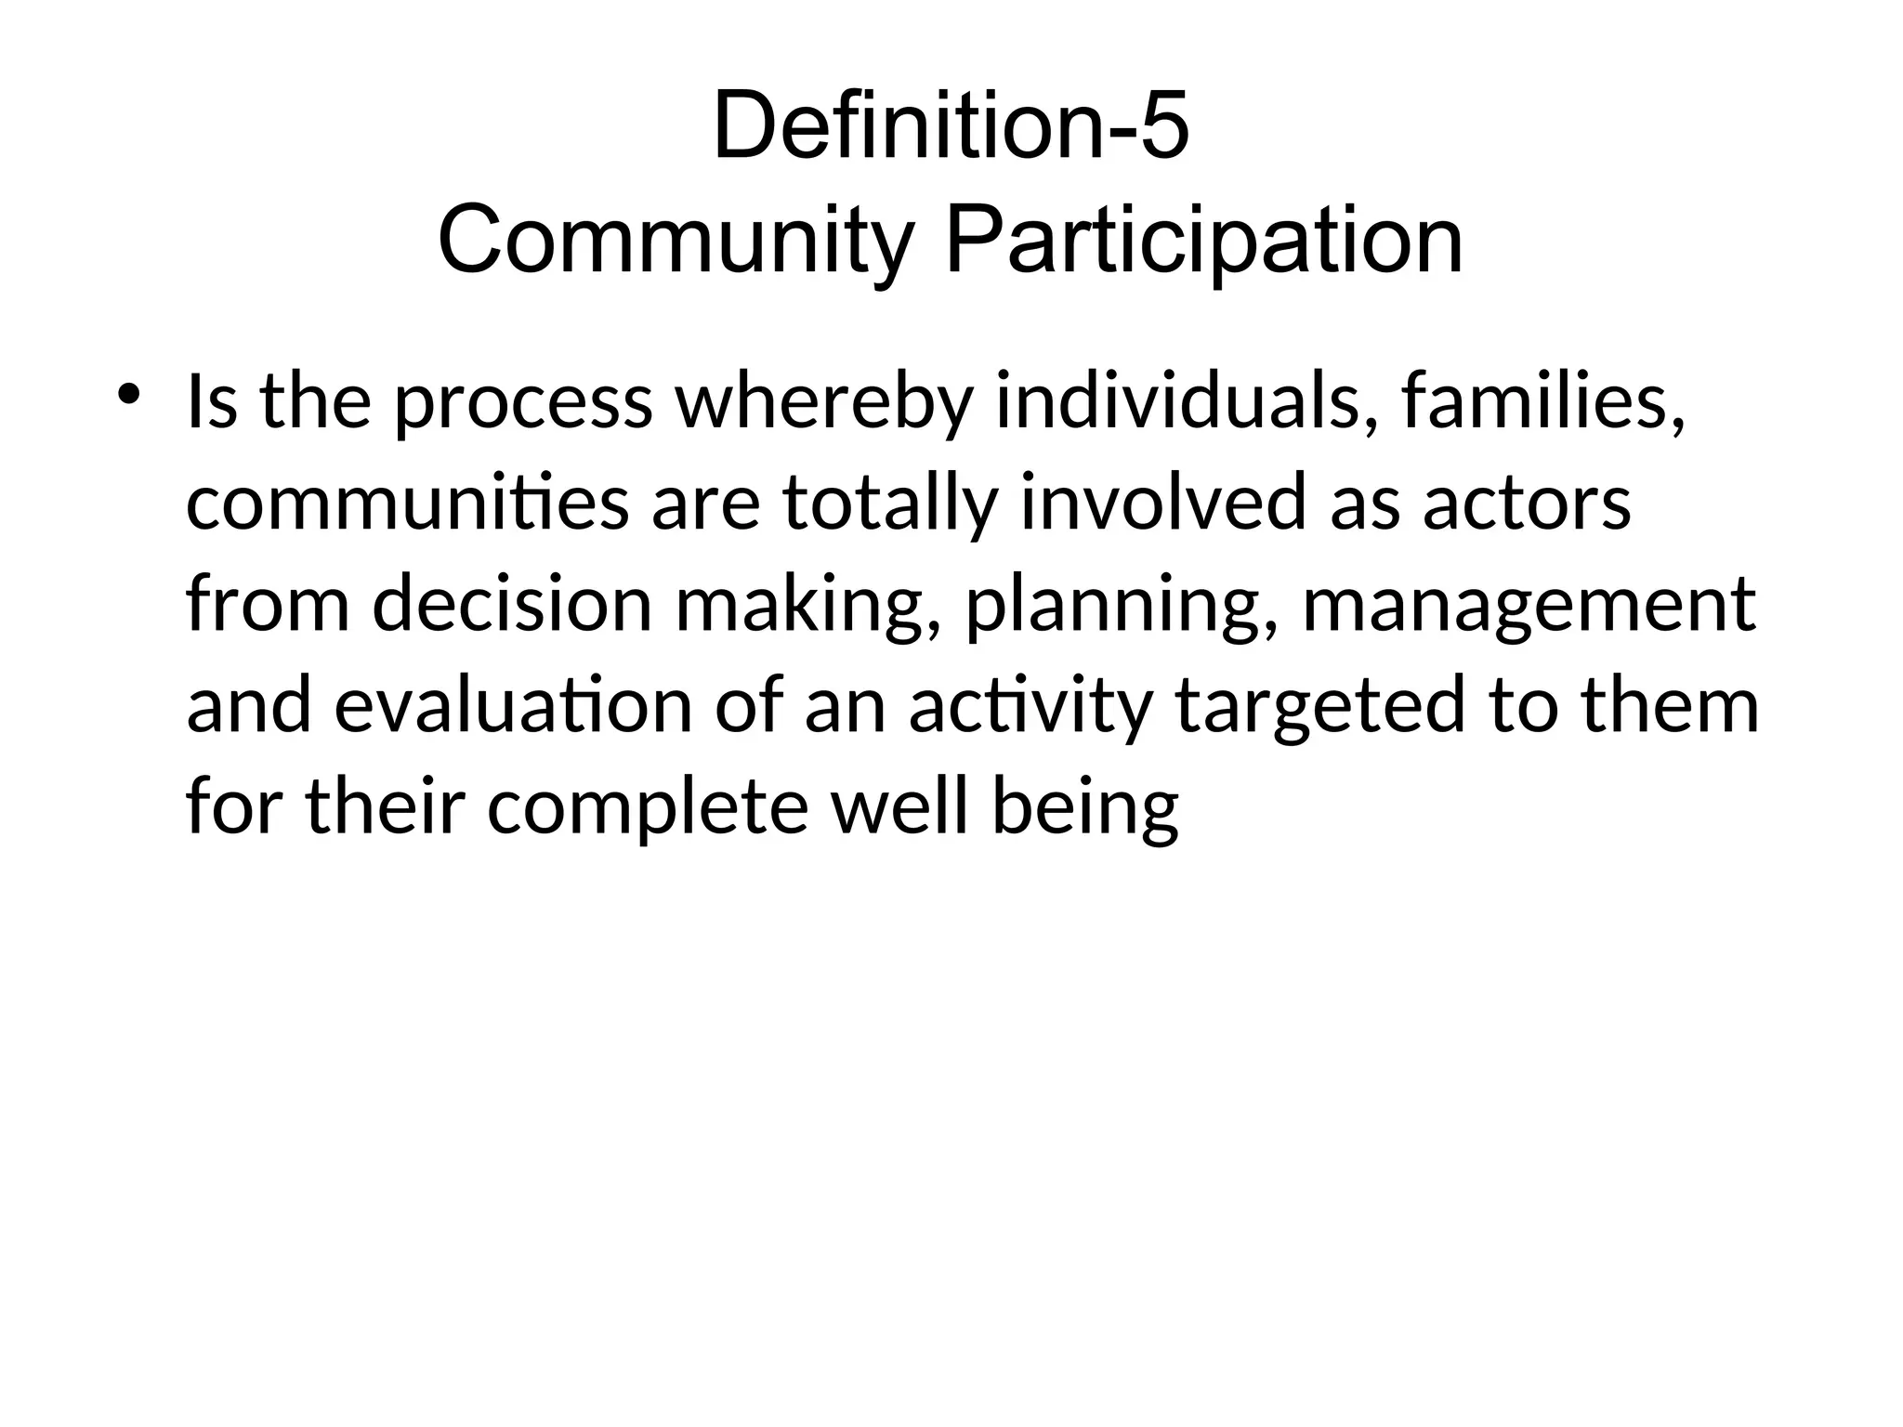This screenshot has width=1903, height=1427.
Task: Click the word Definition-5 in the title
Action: [x=951, y=125]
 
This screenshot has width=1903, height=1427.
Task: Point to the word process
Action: [x=523, y=404]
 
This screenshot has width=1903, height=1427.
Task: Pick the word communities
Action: [x=408, y=504]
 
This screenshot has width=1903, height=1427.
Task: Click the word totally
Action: [x=889, y=504]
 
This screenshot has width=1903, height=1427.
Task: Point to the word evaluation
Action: [x=513, y=704]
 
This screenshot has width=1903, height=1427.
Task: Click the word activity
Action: [x=1030, y=706]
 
